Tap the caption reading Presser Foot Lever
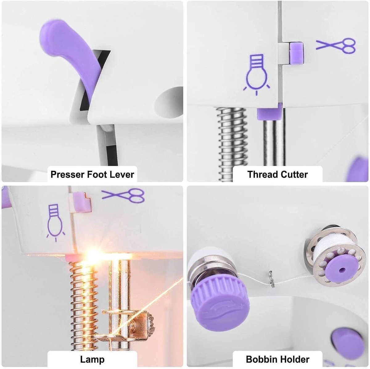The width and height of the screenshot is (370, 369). (92, 174)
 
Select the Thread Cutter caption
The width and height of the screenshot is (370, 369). (277, 174)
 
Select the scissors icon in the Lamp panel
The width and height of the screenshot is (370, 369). (123, 195)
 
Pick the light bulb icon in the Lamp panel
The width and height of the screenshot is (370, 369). (55, 223)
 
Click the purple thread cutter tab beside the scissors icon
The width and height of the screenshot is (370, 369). (297, 53)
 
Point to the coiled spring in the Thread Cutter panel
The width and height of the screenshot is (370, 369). (233, 144)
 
